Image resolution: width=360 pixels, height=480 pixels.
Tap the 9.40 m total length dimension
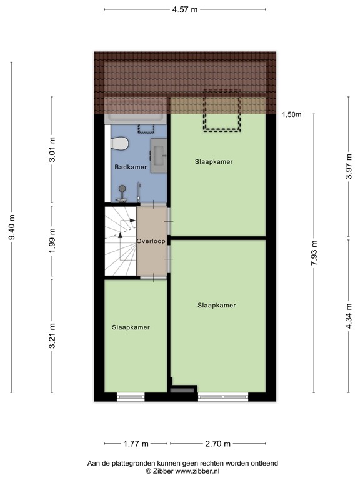point(12,226)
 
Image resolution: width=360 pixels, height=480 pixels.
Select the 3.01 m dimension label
point(52,150)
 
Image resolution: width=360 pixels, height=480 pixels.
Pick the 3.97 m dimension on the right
point(348,167)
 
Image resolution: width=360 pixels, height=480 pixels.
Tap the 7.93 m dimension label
point(314,252)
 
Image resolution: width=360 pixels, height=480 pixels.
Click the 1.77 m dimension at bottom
point(136,444)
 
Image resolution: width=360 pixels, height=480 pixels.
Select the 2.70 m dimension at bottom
point(218,444)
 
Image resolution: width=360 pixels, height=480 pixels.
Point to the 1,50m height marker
point(291,114)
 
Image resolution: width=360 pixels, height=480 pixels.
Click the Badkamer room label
point(130,167)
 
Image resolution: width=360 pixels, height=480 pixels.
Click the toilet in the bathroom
point(119,144)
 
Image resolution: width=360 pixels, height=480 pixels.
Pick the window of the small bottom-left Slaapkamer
point(131,396)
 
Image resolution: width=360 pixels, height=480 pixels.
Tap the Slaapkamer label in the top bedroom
point(214,161)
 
